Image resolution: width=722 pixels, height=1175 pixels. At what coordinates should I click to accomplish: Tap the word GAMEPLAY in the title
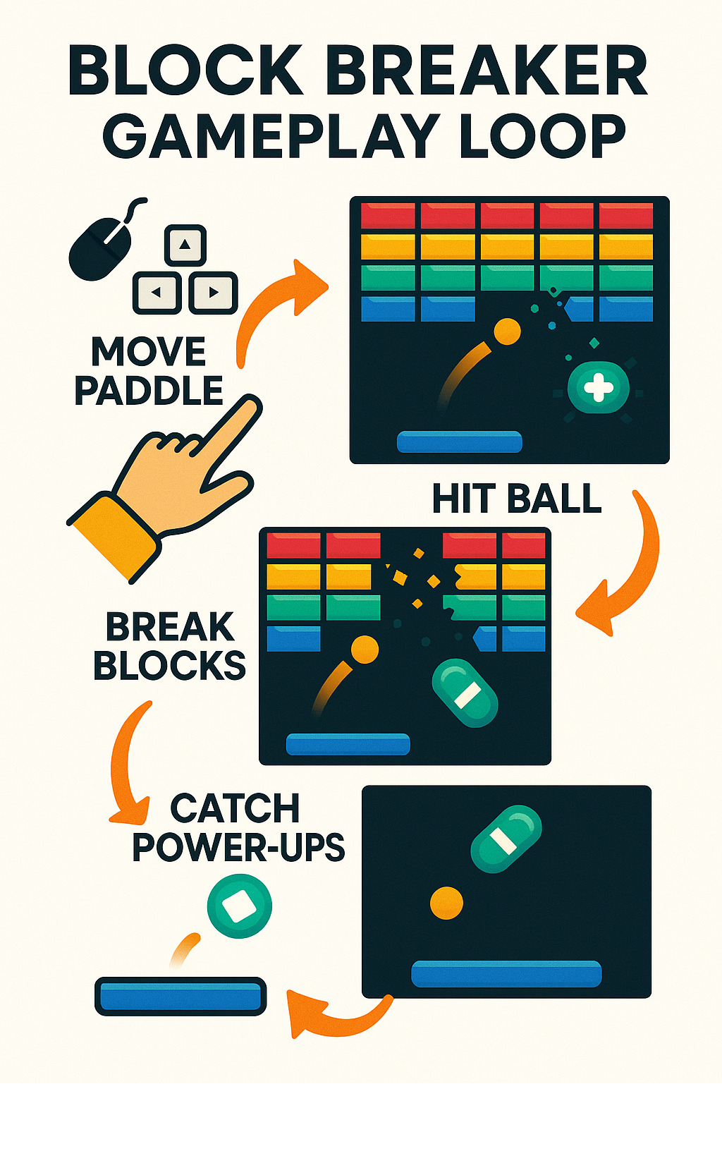(x=271, y=135)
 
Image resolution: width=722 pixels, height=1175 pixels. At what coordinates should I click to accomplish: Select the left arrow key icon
(x=157, y=292)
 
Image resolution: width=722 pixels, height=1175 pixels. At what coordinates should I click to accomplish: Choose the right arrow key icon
(x=213, y=292)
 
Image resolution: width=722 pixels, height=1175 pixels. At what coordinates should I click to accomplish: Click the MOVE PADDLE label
(x=148, y=371)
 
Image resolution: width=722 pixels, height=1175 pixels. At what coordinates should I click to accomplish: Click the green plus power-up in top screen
(x=599, y=388)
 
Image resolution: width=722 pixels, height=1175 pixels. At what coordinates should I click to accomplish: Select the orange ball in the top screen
(x=506, y=331)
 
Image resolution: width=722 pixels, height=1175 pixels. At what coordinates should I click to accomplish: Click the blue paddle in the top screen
(x=459, y=442)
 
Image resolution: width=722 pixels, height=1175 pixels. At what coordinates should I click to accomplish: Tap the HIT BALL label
(x=516, y=499)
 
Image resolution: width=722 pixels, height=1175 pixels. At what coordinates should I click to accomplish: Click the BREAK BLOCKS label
(x=169, y=646)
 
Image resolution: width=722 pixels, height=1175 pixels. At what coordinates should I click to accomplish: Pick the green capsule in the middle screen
(x=465, y=693)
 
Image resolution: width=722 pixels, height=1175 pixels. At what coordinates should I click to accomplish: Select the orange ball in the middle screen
(x=365, y=649)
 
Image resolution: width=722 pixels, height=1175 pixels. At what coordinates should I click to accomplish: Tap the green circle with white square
(x=239, y=906)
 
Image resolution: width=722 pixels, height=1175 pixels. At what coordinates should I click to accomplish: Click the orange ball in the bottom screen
(x=446, y=902)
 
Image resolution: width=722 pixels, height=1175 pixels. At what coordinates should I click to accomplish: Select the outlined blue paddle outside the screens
(x=180, y=996)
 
